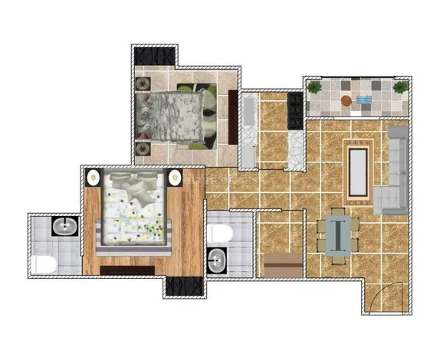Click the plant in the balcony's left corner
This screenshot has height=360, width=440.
pos(314,88)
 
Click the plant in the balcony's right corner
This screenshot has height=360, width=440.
pos(399,88)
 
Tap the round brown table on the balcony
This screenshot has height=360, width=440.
pos(347,100)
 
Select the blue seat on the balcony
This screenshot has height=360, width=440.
pos(364,100)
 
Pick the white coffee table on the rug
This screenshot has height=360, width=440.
pos(358,169)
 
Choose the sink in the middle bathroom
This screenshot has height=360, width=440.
pos(216,260)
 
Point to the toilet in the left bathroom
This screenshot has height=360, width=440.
pos(44,264)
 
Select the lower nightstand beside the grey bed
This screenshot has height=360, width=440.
pos(143,147)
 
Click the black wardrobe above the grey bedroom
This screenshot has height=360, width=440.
pos(156,56)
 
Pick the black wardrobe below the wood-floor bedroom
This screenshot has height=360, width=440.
pos(182,287)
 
